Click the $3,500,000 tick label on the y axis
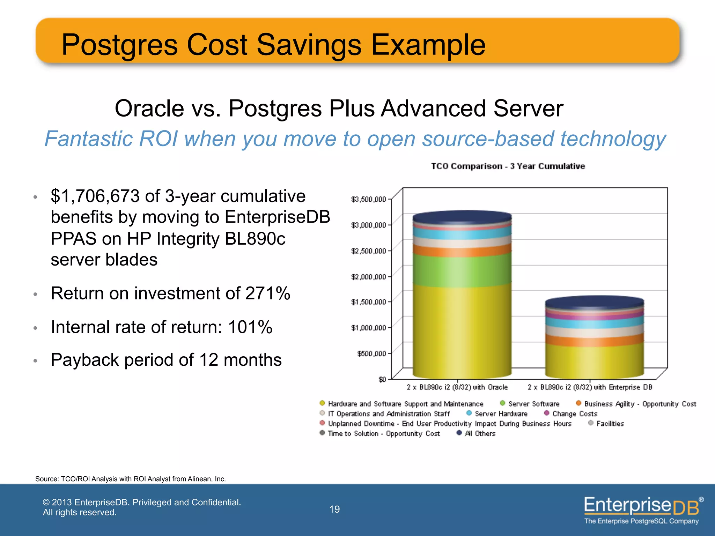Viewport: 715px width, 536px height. pyautogui.click(x=368, y=199)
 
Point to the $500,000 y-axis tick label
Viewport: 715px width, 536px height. pyautogui.click(x=371, y=353)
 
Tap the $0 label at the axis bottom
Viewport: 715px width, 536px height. pyautogui.click(x=382, y=379)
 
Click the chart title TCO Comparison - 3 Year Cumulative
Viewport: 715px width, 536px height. pyautogui.click(x=508, y=166)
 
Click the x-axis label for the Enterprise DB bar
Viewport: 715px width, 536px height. pyautogui.click(x=590, y=387)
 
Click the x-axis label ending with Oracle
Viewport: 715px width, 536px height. pyautogui.click(x=457, y=387)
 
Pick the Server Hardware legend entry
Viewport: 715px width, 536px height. pyautogui.click(x=501, y=414)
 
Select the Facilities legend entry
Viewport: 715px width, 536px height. pyautogui.click(x=610, y=423)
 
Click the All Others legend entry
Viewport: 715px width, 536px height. pyautogui.click(x=480, y=433)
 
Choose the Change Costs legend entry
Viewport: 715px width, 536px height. pyautogui.click(x=574, y=414)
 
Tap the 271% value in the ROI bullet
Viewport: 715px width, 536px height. pyautogui.click(x=267, y=293)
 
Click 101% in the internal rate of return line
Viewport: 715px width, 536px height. pyautogui.click(x=250, y=327)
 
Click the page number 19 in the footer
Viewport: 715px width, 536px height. pyautogui.click(x=334, y=509)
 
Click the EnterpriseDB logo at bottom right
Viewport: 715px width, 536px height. pyautogui.click(x=642, y=509)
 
